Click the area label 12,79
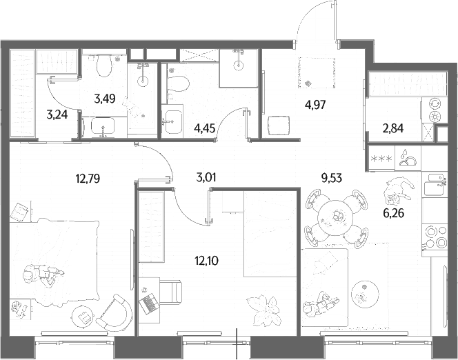pos(88,178)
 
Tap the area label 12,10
pos(206,261)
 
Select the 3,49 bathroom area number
pos(105,99)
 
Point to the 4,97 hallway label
pos(315,104)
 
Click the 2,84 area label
pos(393,128)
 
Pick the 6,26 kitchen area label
pos(393,213)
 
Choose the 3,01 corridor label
pos(206,177)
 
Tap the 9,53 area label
pos(332,177)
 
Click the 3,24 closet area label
pos(57,114)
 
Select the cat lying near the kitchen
pos(398,190)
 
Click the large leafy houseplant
pos(263,310)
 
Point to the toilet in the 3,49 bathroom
pos(104,66)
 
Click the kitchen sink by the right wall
pos(435,185)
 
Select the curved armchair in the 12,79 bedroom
pos(115,312)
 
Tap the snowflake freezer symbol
pos(381,159)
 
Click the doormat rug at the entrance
pos(317,73)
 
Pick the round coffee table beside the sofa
pos(365,294)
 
